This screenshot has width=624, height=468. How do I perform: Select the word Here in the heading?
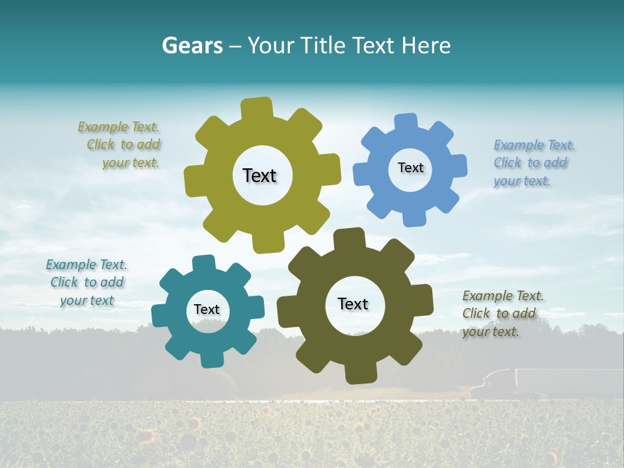[x=426, y=45]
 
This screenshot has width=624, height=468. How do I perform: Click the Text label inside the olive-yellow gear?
[x=259, y=175]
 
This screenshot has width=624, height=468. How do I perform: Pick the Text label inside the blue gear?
[x=410, y=168]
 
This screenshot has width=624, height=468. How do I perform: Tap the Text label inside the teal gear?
[x=207, y=309]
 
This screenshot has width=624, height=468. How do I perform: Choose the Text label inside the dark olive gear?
[x=353, y=304]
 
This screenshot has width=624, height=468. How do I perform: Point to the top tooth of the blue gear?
[x=406, y=123]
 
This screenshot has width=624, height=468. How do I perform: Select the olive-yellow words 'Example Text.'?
[x=118, y=127]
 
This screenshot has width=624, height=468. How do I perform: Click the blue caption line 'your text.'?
[x=522, y=181]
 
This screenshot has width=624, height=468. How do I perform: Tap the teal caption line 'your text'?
[x=87, y=300]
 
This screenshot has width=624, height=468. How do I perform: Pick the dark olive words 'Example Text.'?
[x=503, y=296]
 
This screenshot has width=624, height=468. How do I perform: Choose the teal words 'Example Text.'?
[x=86, y=265]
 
